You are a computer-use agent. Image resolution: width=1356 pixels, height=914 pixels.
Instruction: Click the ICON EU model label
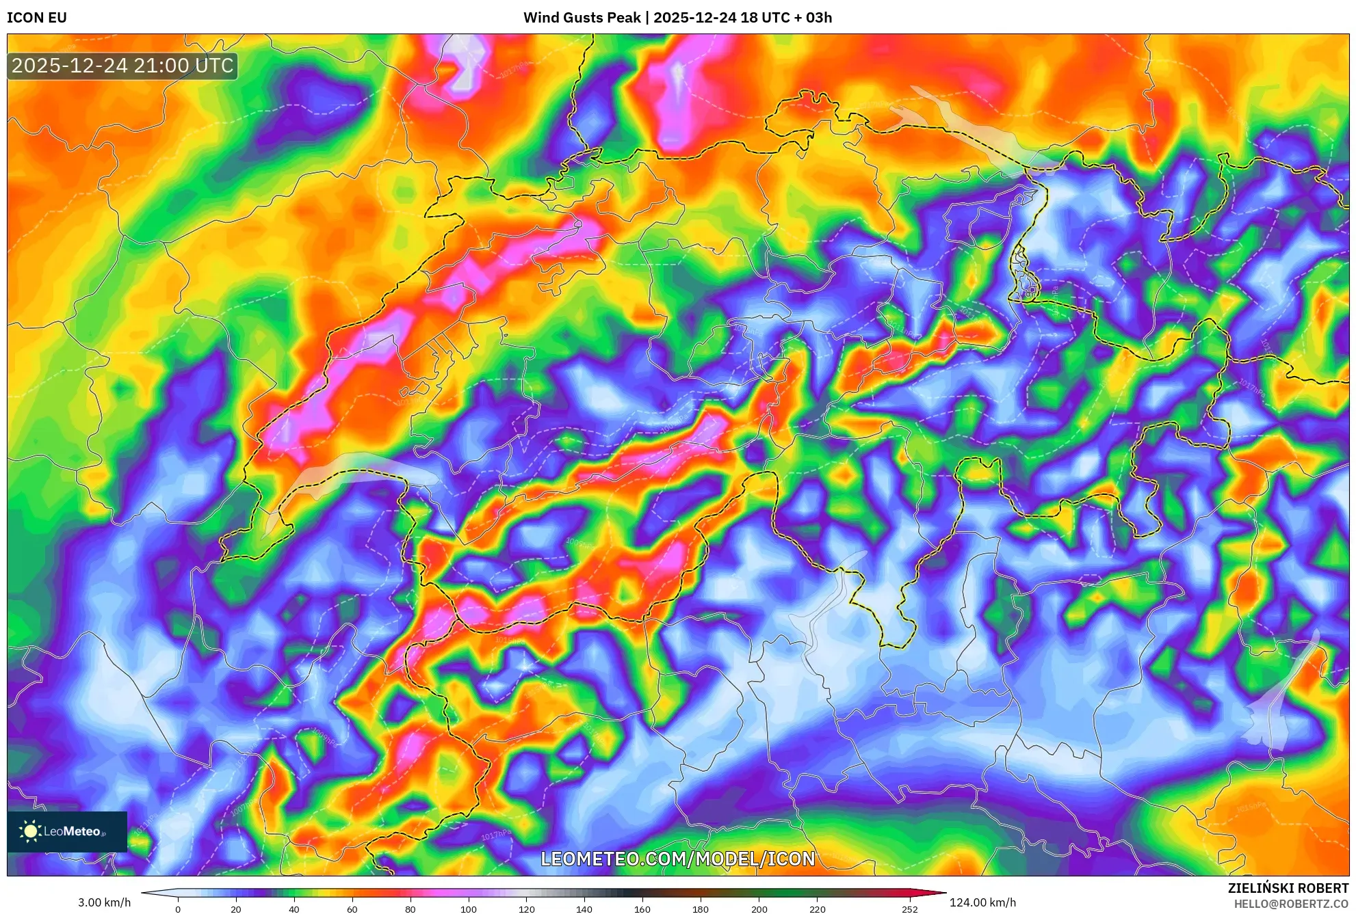pos(37,18)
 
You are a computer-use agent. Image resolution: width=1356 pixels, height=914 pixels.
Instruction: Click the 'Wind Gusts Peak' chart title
pos(582,18)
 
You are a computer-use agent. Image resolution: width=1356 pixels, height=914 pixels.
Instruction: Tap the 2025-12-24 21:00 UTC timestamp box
pos(122,66)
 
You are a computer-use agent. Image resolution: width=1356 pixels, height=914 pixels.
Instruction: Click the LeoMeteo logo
pos(67,831)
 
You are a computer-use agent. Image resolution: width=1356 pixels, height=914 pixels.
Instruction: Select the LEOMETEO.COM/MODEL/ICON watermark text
pos(677,859)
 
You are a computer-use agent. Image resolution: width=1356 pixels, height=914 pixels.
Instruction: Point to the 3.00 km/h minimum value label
pos(104,902)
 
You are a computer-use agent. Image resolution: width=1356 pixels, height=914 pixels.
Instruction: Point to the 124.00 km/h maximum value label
pos(982,902)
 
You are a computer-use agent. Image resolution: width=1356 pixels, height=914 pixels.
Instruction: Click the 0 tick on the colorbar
pos(178,909)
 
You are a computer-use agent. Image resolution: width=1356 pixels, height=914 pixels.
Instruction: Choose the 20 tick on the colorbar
pos(236,909)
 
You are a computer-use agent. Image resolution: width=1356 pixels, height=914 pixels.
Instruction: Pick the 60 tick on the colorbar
pos(352,909)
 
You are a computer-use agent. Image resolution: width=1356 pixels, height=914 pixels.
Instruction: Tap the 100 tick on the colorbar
pos(469,909)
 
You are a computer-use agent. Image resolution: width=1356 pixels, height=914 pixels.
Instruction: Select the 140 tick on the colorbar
pos(584,909)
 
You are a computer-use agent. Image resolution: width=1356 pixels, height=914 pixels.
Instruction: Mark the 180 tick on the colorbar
pos(701,909)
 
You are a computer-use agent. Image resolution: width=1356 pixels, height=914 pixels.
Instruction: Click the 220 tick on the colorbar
pos(818,909)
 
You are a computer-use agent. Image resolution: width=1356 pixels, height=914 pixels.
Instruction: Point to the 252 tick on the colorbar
pos(910,909)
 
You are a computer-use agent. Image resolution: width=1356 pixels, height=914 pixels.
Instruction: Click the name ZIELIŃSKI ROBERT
pos(1288,888)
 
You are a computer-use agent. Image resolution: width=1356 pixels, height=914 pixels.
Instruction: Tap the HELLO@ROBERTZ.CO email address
pos(1291,904)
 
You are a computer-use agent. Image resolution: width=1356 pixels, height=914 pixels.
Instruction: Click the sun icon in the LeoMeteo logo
pos(30,831)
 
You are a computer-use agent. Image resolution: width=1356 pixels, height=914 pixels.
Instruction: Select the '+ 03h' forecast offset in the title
pos(813,18)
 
